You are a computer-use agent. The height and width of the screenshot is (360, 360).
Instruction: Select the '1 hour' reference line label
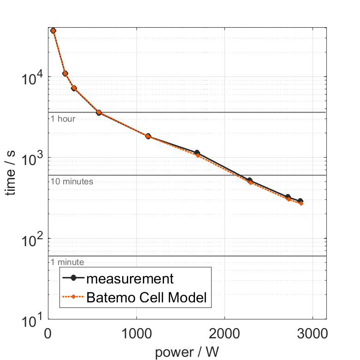coord(63,119)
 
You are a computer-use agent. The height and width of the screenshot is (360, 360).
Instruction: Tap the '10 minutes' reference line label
coord(72,182)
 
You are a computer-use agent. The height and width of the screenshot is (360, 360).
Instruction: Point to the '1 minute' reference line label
coord(67,262)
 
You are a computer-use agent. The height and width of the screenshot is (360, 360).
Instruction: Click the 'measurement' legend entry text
coord(130,279)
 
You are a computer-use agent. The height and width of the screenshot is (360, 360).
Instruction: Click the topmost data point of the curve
coord(53,30)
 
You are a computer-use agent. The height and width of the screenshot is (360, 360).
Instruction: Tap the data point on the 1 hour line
coord(99,112)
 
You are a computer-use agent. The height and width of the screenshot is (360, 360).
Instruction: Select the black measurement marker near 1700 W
coord(197,153)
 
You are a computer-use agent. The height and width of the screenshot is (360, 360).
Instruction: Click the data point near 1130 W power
coord(148,136)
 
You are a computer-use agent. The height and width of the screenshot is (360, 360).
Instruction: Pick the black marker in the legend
coord(74,279)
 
